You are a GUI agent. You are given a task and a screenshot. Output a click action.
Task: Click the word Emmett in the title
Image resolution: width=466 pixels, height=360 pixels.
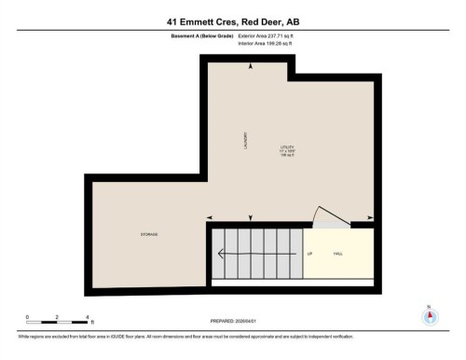192,21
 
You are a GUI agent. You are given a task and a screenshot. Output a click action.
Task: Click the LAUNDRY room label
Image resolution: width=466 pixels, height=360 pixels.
244,139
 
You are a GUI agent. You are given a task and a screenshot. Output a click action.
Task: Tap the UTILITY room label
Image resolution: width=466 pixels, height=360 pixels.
287,148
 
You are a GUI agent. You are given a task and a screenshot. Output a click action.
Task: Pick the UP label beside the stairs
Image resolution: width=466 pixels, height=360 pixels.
308,253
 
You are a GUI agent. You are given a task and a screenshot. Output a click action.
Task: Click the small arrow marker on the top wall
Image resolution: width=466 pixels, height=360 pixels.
249,66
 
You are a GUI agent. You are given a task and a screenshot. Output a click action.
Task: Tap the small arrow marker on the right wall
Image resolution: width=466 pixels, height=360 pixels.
371,218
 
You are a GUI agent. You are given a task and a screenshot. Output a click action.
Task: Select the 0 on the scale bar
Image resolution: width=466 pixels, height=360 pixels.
28,318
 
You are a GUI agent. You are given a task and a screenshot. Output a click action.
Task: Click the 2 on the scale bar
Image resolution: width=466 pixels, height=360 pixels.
58,318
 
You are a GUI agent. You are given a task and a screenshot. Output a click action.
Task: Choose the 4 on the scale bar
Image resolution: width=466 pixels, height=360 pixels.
87,318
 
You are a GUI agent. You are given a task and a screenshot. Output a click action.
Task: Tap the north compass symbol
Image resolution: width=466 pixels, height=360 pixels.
429,315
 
